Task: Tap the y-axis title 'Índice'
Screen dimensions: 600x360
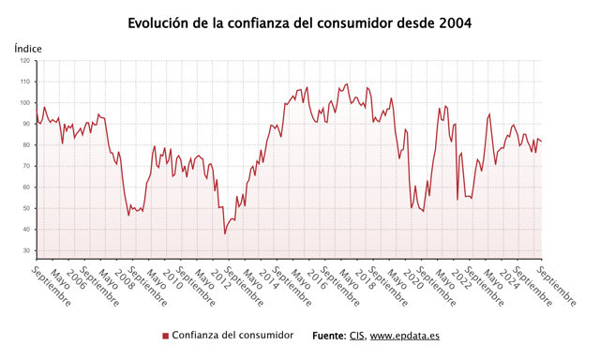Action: click(x=28, y=49)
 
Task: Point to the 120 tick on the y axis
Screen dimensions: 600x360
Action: click(x=25, y=60)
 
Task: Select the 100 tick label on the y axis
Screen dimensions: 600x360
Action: click(x=25, y=102)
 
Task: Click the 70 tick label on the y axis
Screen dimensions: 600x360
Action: click(x=26, y=166)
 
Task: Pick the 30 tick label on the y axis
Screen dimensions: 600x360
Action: click(x=26, y=250)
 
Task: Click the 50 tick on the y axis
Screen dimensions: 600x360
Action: click(x=26, y=208)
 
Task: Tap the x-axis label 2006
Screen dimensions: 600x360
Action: click(x=76, y=279)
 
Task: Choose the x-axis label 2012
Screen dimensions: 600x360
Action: click(x=220, y=279)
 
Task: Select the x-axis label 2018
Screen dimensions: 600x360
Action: click(x=365, y=279)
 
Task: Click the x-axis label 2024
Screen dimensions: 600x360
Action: click(x=508, y=279)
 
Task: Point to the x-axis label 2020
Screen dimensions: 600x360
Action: click(x=412, y=279)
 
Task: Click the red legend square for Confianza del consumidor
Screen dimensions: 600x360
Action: click(x=165, y=336)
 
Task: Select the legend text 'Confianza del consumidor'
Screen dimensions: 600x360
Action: click(x=232, y=335)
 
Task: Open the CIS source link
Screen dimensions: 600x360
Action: click(x=356, y=336)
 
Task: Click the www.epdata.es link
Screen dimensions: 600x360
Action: click(x=404, y=336)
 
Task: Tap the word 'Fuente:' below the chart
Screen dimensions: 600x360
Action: click(x=329, y=336)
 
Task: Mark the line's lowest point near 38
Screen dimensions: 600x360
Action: click(x=225, y=233)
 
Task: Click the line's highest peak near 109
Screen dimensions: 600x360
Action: click(x=347, y=83)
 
